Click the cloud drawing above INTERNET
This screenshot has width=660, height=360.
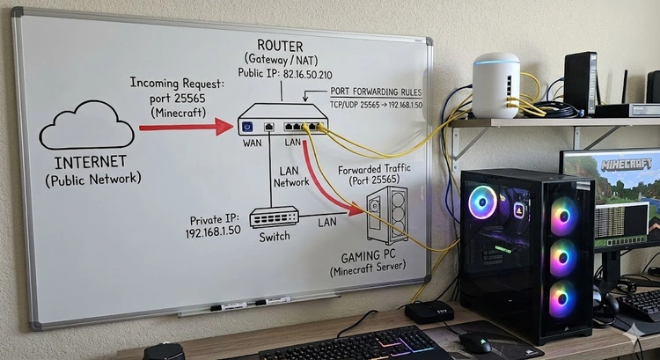[x=85, y=126]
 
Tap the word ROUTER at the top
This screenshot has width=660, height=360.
[x=281, y=45]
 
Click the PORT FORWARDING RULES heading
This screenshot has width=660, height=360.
[x=376, y=92]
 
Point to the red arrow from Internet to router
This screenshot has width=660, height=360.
[x=185, y=128]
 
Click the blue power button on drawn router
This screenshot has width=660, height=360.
[x=247, y=127]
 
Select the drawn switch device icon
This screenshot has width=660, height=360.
[x=275, y=216]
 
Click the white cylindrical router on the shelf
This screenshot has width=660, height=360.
[x=495, y=85]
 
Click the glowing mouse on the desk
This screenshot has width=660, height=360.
[x=475, y=342]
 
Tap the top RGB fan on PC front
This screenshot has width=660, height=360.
[x=564, y=216]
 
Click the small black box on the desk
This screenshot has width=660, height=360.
[x=429, y=311]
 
